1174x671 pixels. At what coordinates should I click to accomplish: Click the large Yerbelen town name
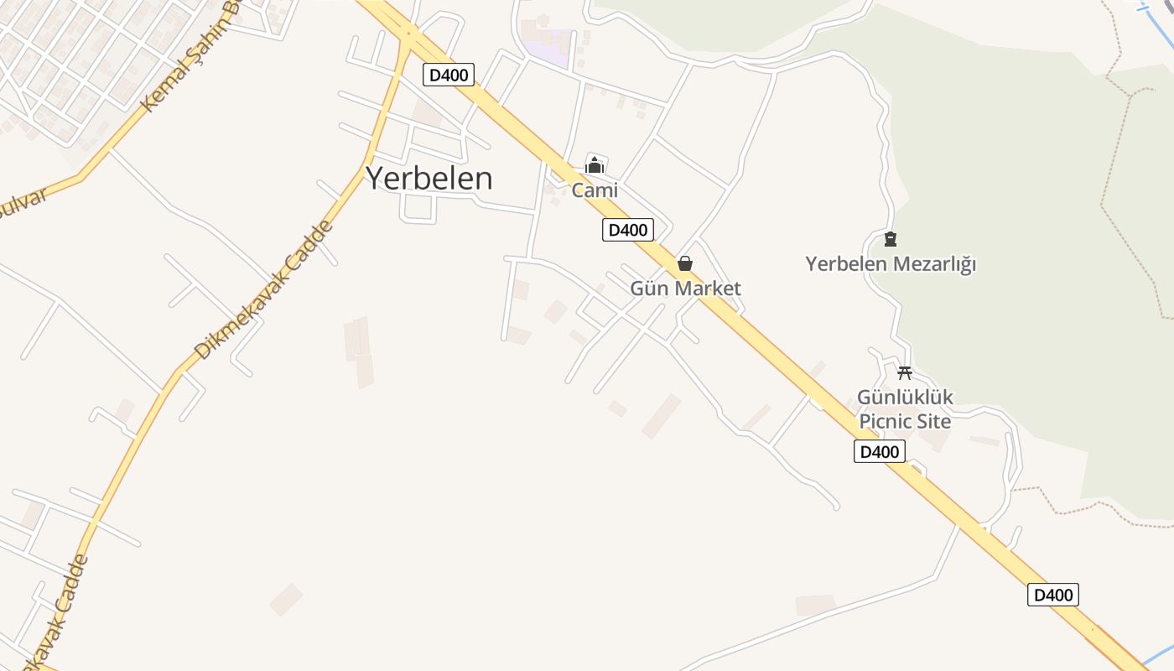[x=429, y=179]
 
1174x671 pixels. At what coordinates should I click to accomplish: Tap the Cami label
[x=595, y=190]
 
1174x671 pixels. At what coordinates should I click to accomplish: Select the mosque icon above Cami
[x=595, y=165]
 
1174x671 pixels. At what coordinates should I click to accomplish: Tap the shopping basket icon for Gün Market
[x=685, y=264]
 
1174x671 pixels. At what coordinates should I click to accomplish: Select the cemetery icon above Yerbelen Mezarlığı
[x=890, y=240]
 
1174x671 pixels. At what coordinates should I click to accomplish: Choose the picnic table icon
[x=904, y=373]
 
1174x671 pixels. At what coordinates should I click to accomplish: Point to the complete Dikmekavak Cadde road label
[x=262, y=291]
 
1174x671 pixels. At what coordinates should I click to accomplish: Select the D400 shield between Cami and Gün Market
[x=627, y=230]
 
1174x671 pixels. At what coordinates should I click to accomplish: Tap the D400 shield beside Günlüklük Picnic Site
[x=880, y=452]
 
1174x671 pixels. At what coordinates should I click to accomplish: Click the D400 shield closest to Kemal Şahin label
[x=449, y=75]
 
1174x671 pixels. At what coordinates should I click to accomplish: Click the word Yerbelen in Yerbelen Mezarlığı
[x=845, y=264]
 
